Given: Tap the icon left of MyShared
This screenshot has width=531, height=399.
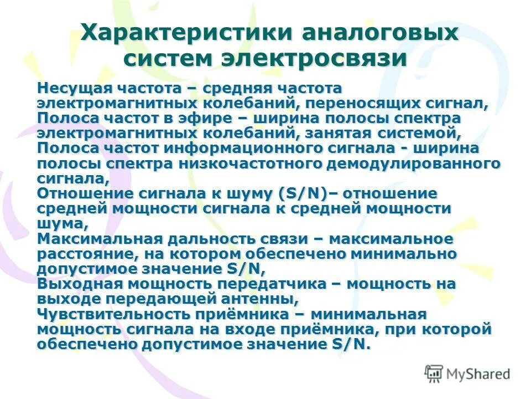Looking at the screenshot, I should (434, 374).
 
